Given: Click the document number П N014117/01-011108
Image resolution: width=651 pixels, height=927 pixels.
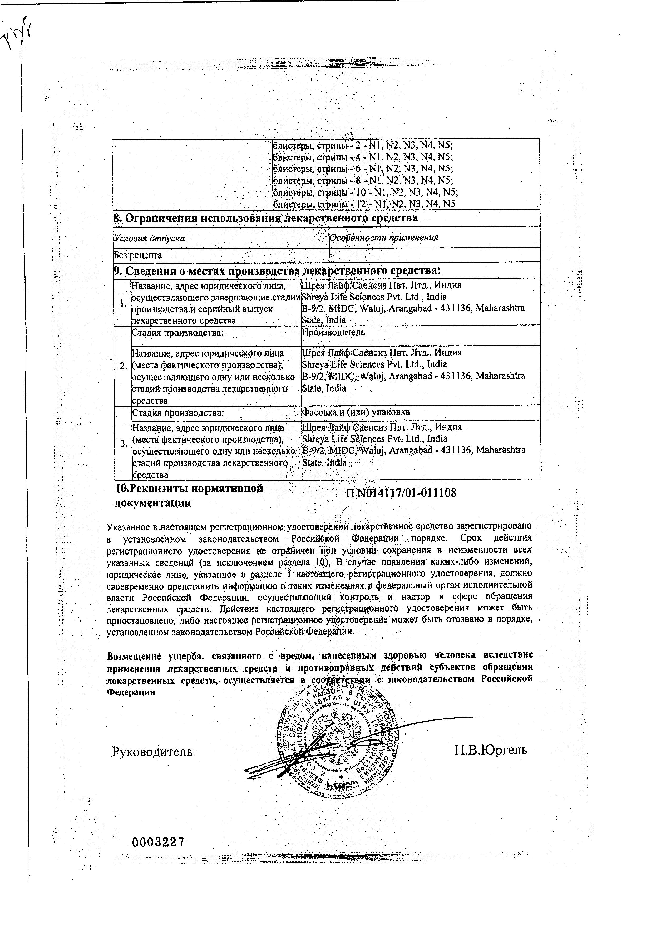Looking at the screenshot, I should (401, 492).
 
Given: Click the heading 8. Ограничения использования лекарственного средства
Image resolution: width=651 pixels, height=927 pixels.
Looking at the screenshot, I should (265, 218).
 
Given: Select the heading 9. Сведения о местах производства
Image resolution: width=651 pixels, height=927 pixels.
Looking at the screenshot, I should (276, 270).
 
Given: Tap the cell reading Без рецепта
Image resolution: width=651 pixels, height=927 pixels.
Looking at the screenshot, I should (138, 255).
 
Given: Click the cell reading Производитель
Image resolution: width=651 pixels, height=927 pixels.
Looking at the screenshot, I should (334, 332).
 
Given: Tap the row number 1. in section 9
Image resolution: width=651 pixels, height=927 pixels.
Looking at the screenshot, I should (123, 303).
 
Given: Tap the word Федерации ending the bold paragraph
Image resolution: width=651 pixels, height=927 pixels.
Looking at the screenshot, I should (130, 692).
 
